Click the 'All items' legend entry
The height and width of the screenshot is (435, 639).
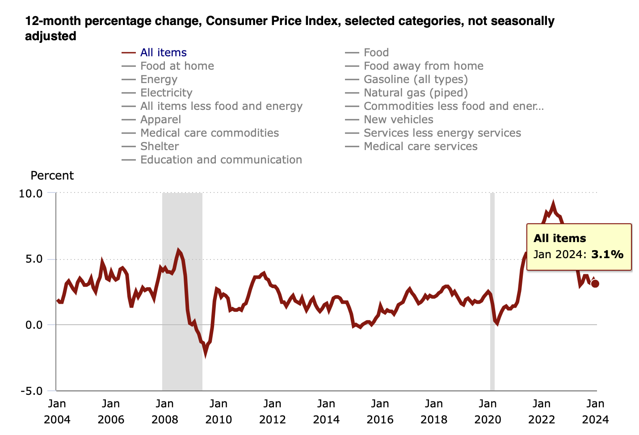coord(163,53)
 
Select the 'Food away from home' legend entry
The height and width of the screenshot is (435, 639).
coord(423,66)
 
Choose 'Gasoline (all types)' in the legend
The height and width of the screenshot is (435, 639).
coord(416,79)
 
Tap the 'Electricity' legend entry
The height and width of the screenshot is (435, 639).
coord(166,93)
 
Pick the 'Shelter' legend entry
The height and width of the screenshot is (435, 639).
coord(160,146)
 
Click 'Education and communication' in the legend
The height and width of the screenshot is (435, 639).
coord(221,160)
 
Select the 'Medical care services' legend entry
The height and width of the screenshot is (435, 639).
coord(420,146)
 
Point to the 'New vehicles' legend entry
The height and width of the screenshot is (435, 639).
coord(398,120)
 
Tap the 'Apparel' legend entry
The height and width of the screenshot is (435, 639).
coord(160,120)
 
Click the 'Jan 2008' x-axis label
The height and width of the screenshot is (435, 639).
coord(164,411)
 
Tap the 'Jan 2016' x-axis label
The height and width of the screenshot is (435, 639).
coord(380,411)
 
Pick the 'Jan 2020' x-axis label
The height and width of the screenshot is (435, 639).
coord(488,411)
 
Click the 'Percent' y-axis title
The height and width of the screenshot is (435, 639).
coord(52,176)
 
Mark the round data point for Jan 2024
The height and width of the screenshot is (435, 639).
coord(595,284)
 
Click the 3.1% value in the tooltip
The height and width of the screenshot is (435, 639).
coord(607,255)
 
